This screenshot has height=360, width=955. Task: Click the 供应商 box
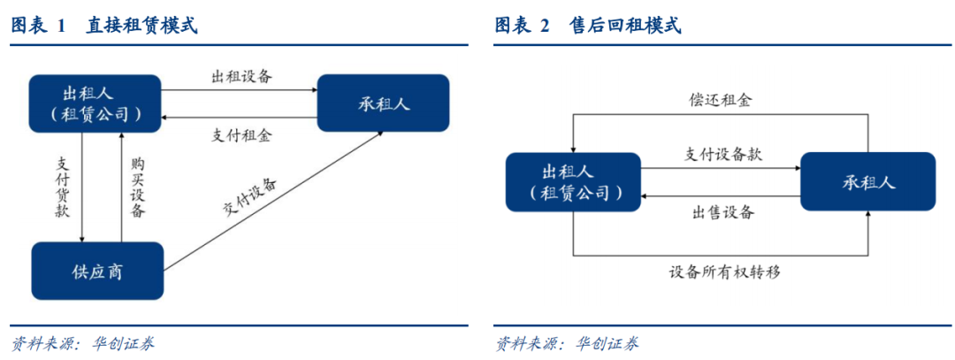click(x=97, y=271)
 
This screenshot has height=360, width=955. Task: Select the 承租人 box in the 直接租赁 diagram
click(x=383, y=103)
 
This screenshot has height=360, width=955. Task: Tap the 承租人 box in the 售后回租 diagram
click(x=868, y=181)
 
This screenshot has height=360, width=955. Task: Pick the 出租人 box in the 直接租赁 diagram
click(x=95, y=103)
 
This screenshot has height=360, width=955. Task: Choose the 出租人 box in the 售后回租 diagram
click(x=573, y=182)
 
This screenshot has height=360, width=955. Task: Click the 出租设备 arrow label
click(x=241, y=77)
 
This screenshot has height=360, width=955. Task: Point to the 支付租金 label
click(x=241, y=134)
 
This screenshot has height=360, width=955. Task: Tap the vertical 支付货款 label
click(x=64, y=187)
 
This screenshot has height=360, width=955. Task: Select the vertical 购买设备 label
click(x=138, y=187)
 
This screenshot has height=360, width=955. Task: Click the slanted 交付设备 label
click(x=249, y=199)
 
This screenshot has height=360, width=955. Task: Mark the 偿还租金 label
click(x=722, y=99)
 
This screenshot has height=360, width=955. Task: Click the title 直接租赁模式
click(x=141, y=26)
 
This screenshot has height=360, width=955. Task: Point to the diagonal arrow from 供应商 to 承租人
click(x=273, y=201)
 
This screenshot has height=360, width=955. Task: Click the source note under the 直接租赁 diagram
click(x=83, y=343)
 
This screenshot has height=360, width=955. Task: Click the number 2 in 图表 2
click(x=544, y=27)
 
